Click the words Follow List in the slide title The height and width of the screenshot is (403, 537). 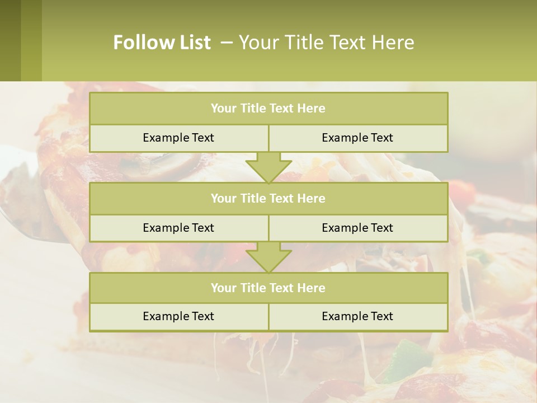click(162, 43)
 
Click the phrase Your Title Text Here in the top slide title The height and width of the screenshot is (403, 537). click(326, 43)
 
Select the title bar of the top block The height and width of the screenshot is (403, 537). click(268, 109)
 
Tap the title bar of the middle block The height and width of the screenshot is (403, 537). click(268, 199)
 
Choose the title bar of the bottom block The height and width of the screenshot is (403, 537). click(268, 288)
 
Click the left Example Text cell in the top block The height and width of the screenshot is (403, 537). click(178, 138)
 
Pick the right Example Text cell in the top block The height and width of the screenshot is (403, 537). click(357, 138)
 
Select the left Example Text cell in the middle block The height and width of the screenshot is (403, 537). click(178, 228)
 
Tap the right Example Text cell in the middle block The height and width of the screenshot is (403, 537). click(357, 228)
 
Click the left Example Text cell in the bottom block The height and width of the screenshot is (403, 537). click(178, 317)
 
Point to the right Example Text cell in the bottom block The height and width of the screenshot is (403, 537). click(357, 317)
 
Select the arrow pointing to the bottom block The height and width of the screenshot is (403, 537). click(268, 257)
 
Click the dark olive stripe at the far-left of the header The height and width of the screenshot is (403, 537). click(10, 40)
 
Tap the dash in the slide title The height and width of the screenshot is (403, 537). click(227, 43)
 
